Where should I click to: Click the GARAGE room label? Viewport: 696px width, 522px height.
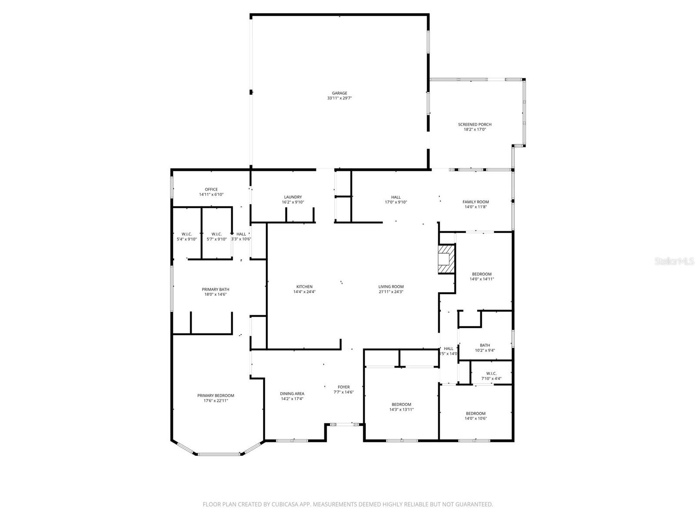(339, 93)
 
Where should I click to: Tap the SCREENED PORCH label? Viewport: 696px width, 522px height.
(475, 124)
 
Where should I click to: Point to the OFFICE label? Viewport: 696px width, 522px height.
(211, 189)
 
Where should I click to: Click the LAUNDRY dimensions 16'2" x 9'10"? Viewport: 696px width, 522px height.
(293, 202)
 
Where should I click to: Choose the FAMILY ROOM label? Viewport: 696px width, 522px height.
(475, 202)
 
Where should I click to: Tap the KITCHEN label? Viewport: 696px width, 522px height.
(304, 287)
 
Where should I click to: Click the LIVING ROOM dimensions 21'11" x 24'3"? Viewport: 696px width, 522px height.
(391, 292)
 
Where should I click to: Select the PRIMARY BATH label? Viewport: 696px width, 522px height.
(215, 289)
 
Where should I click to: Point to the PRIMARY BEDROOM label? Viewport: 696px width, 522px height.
(216, 395)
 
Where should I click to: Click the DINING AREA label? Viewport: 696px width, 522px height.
(292, 394)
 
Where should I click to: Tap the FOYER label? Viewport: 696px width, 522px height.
(344, 387)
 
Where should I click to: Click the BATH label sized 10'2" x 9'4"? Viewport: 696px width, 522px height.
(485, 345)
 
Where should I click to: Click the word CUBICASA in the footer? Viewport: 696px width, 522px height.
(282, 505)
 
